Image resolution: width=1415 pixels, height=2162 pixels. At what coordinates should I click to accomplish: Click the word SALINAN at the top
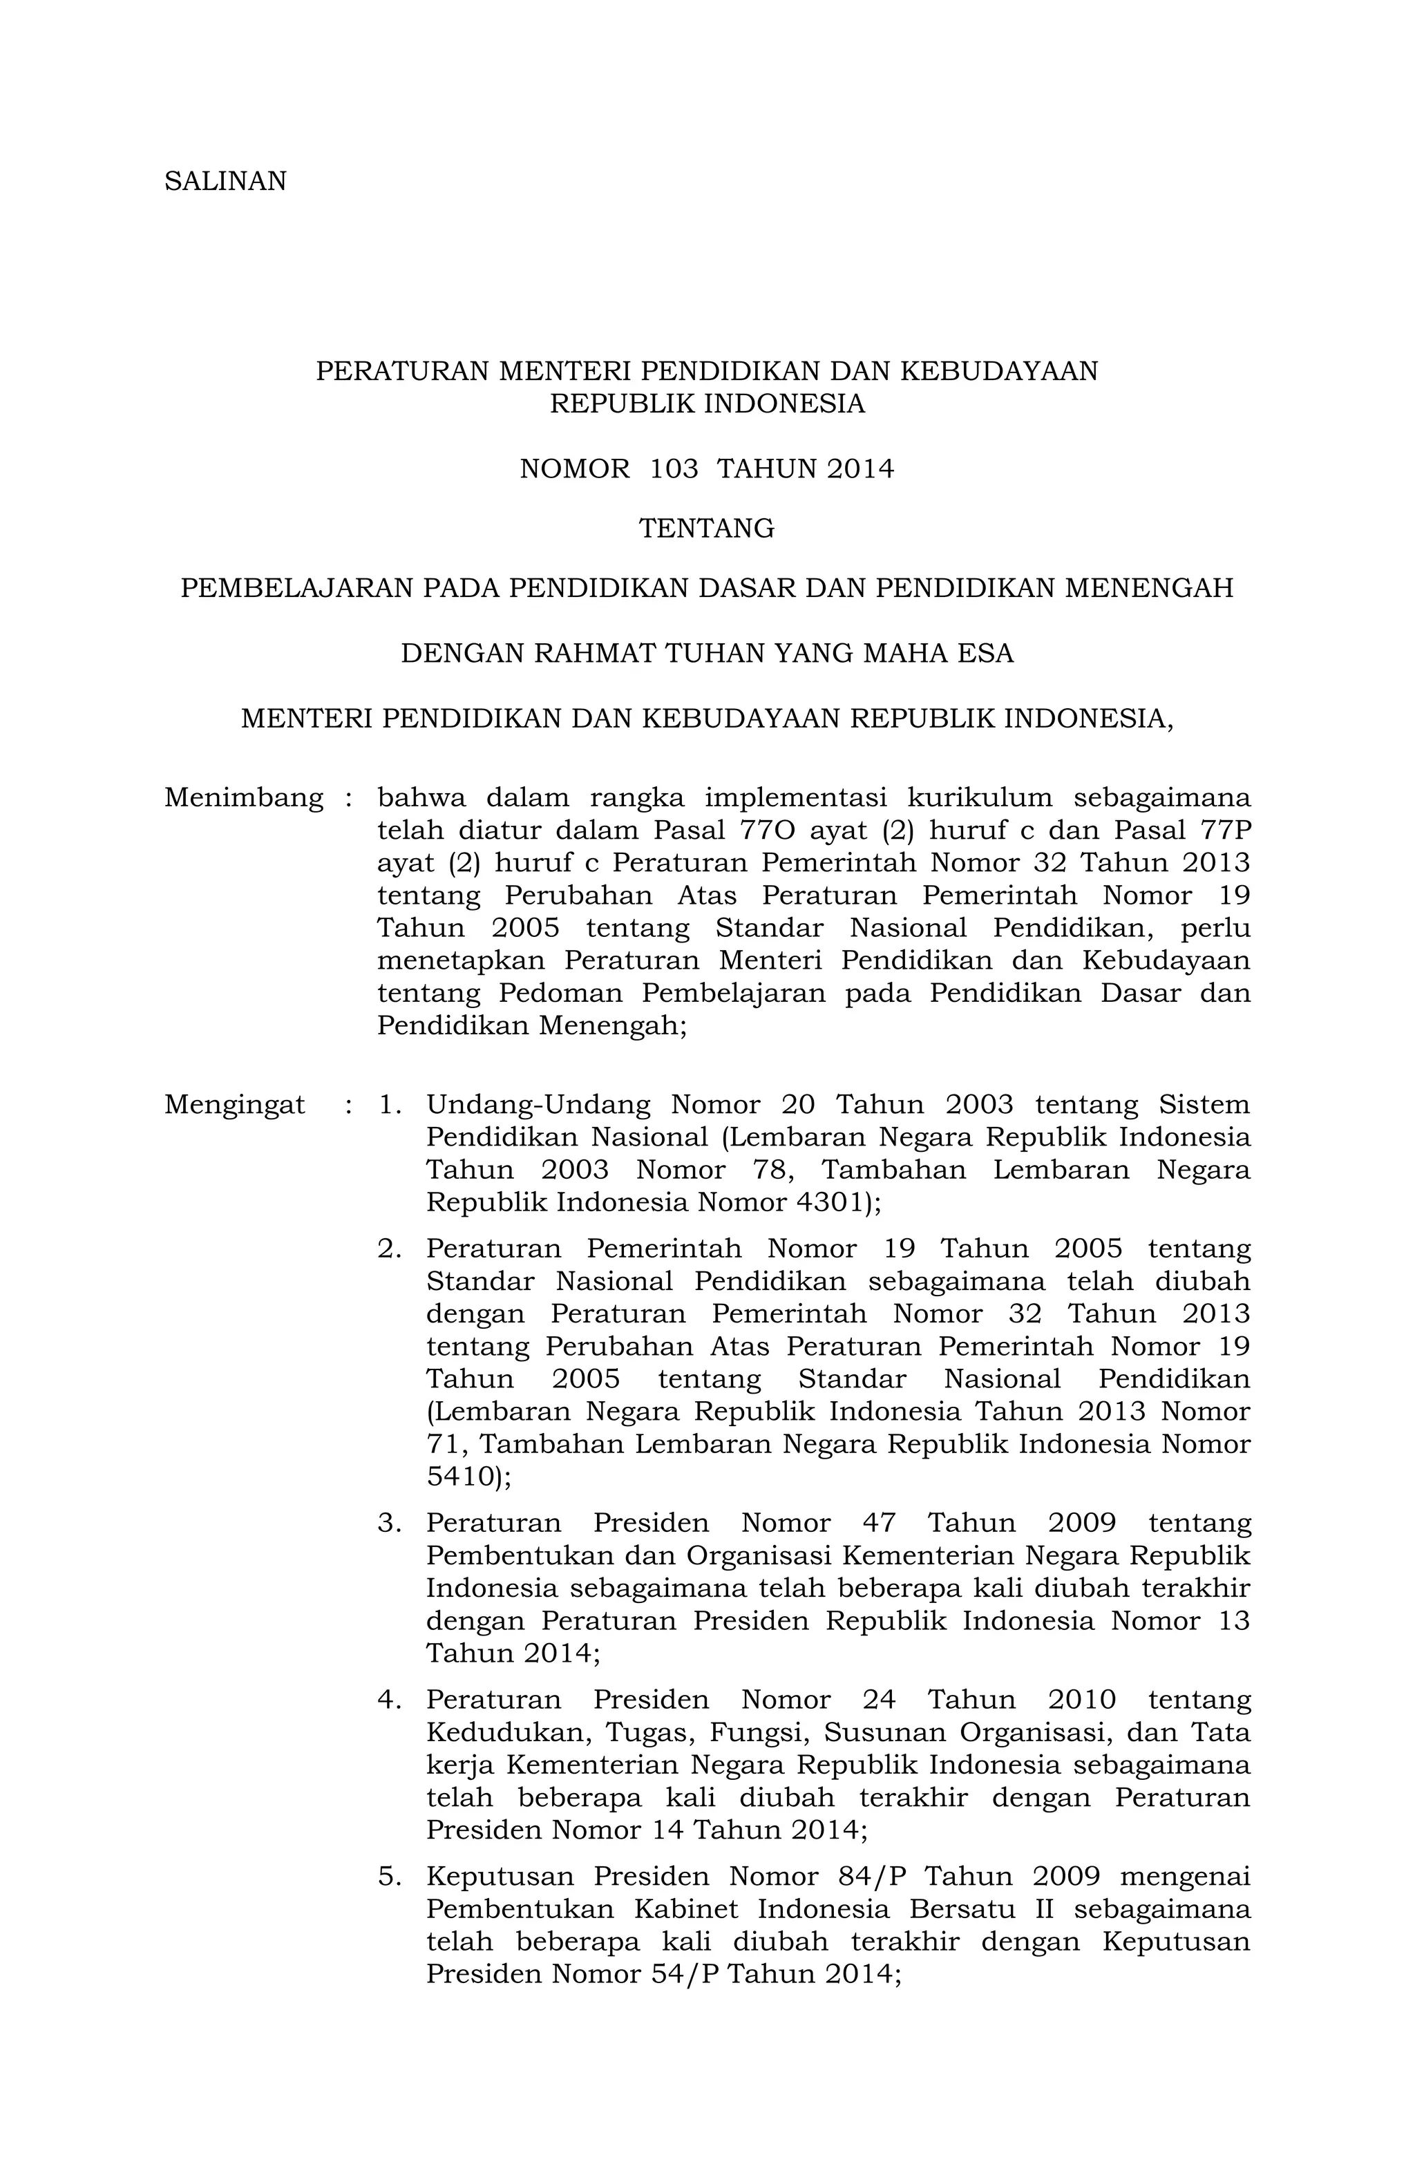coord(225,182)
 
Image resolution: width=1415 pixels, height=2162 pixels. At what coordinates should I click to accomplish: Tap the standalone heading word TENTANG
coord(707,528)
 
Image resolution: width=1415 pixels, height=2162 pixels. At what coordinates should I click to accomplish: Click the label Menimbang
coord(243,797)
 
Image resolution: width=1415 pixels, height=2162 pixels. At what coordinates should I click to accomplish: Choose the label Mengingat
coord(234,1105)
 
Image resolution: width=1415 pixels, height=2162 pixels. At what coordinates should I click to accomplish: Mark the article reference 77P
coord(1224,831)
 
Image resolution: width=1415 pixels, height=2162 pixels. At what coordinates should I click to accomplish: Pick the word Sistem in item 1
coord(1204,1105)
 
